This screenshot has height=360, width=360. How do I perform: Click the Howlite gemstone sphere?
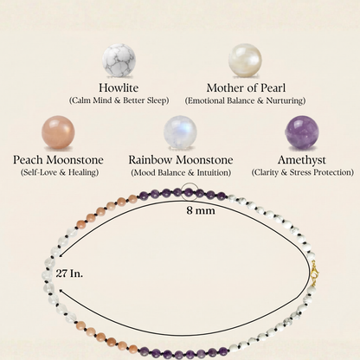(119, 60)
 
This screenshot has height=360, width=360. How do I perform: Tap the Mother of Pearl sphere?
(245, 60)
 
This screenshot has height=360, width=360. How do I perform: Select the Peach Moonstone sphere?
(58, 132)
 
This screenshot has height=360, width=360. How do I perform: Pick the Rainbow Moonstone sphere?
(180, 132)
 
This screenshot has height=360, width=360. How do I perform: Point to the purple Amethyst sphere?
(302, 132)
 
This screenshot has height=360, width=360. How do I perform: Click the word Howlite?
(119, 87)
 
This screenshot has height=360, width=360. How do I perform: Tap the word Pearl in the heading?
(273, 87)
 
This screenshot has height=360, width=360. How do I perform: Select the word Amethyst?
(302, 160)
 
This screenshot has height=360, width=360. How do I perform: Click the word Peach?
(28, 160)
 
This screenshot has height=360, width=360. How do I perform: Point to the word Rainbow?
(151, 160)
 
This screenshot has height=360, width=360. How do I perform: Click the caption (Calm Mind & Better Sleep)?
(119, 100)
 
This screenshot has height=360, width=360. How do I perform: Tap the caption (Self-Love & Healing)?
(60, 172)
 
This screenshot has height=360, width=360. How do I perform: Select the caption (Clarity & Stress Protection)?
(302, 172)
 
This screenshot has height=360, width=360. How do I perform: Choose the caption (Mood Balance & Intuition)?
(181, 173)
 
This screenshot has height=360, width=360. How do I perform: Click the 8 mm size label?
(201, 210)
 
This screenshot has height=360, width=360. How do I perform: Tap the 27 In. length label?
(69, 273)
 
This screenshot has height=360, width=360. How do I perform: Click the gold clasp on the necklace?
(314, 273)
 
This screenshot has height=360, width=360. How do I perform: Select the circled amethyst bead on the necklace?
(189, 191)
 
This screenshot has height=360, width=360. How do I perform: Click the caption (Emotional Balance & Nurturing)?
(245, 100)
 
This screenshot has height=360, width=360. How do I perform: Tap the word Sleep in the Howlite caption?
(157, 100)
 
